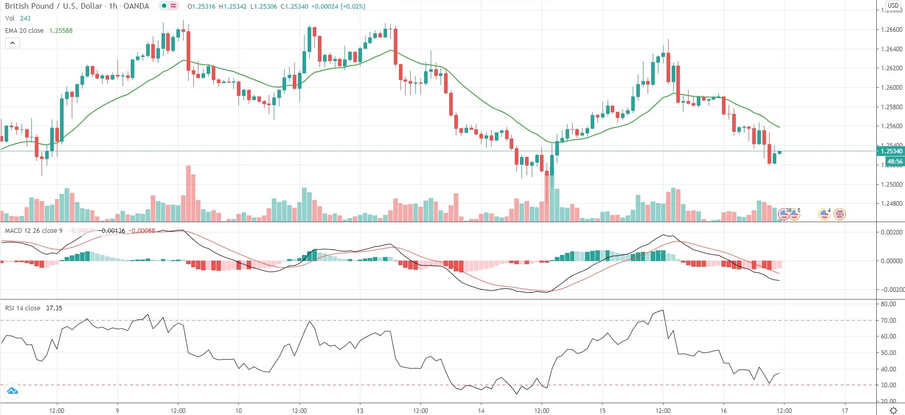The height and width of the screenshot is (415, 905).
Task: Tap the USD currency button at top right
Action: (x=893, y=6)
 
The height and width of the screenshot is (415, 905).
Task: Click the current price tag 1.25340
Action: (x=891, y=151)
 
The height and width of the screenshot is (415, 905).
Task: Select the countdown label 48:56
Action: (x=895, y=162)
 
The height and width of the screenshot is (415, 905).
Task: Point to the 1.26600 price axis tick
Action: (x=891, y=30)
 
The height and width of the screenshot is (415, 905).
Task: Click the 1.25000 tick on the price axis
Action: (x=891, y=185)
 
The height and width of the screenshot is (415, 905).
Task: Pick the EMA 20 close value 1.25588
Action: (x=61, y=31)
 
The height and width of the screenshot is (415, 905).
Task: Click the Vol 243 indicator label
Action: (x=17, y=18)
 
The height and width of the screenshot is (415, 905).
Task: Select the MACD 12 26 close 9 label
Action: (x=33, y=231)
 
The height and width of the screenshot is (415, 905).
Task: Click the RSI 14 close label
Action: (x=23, y=308)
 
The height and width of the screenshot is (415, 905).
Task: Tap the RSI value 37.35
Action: (x=54, y=308)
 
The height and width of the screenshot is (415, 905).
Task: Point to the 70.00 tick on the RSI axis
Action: (x=888, y=321)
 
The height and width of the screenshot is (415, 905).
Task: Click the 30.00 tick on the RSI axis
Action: (x=888, y=385)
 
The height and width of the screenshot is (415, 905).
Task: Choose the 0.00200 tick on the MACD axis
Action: (x=891, y=232)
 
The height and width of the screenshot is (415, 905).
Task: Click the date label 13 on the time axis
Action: (x=360, y=410)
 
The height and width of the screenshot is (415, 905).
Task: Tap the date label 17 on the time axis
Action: (x=845, y=410)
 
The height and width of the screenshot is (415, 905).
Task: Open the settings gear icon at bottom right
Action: (x=893, y=410)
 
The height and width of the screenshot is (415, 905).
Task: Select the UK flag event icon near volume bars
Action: (x=839, y=214)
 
